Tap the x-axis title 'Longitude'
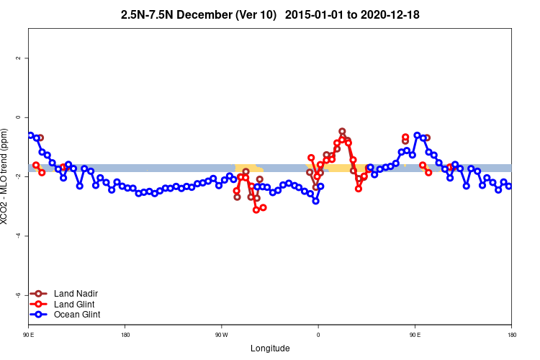[270, 348]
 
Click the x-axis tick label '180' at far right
[511, 336]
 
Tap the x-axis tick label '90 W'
[221, 336]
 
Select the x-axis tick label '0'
[318, 336]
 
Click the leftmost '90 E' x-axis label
[29, 336]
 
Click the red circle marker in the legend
[40, 304]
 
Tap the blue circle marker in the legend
[40, 315]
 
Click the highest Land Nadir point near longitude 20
[342, 132]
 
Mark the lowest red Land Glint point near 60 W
[256, 210]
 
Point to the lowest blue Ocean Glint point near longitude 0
[315, 201]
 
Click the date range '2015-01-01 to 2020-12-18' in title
[352, 14]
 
